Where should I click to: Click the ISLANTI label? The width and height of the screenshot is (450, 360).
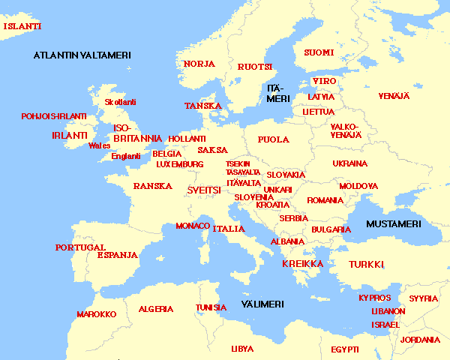[22, 26]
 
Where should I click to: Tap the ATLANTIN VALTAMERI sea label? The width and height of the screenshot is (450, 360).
[82, 55]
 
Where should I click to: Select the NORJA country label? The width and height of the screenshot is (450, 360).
[199, 64]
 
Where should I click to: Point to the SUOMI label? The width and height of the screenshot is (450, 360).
[319, 52]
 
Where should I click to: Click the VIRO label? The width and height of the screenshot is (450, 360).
[324, 81]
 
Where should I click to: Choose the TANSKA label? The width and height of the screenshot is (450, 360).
[203, 106]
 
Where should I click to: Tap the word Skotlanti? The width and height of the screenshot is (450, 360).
[121, 102]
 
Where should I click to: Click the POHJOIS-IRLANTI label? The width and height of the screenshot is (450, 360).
[54, 117]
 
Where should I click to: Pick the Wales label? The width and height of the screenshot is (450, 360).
[99, 145]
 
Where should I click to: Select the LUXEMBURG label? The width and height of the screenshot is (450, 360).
[180, 164]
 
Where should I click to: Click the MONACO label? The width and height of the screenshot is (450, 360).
[193, 226]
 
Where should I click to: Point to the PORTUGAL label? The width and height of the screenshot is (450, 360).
[80, 247]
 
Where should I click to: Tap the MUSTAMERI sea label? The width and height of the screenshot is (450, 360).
[394, 224]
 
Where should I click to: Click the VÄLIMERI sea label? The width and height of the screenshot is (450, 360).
[262, 304]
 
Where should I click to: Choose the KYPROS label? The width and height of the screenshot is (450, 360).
[374, 298]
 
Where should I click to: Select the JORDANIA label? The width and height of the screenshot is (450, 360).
[421, 340]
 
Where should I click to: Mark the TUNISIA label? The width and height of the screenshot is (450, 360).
[211, 307]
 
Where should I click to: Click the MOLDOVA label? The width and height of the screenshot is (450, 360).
[358, 186]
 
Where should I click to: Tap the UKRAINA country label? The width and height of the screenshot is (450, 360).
[350, 163]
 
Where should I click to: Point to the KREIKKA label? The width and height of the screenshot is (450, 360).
[302, 264]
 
